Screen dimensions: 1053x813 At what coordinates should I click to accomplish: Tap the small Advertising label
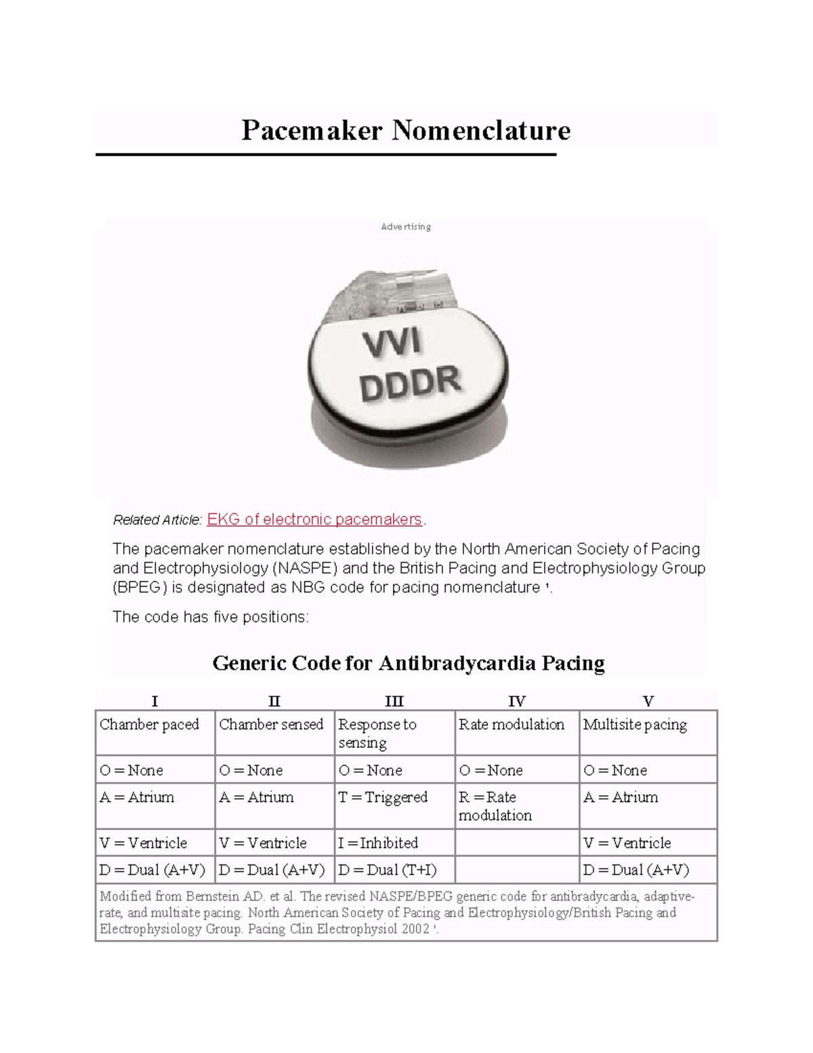pyautogui.click(x=406, y=226)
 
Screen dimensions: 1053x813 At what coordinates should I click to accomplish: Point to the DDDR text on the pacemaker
pyautogui.click(x=410, y=384)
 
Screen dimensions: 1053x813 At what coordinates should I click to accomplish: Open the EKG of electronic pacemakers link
pyautogui.click(x=314, y=519)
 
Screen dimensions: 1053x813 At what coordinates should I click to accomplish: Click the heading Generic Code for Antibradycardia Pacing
pyautogui.click(x=409, y=662)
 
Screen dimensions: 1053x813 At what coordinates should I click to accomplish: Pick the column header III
pyautogui.click(x=394, y=701)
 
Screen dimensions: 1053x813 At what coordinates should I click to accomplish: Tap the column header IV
pyautogui.click(x=517, y=701)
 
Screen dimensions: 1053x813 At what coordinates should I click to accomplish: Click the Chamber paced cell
pyautogui.click(x=149, y=724)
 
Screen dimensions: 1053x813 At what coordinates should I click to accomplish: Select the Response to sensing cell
pyautogui.click(x=377, y=733)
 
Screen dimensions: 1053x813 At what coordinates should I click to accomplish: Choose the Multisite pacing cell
pyautogui.click(x=635, y=724)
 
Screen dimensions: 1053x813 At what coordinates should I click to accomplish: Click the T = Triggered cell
pyautogui.click(x=383, y=797)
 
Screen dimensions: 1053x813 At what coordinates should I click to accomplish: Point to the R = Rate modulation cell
pyautogui.click(x=495, y=806)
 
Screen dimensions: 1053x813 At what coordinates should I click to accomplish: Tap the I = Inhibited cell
pyautogui.click(x=378, y=843)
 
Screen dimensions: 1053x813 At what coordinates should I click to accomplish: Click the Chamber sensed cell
pyautogui.click(x=271, y=724)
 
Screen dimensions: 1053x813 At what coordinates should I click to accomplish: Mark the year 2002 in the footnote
pyautogui.click(x=415, y=929)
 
